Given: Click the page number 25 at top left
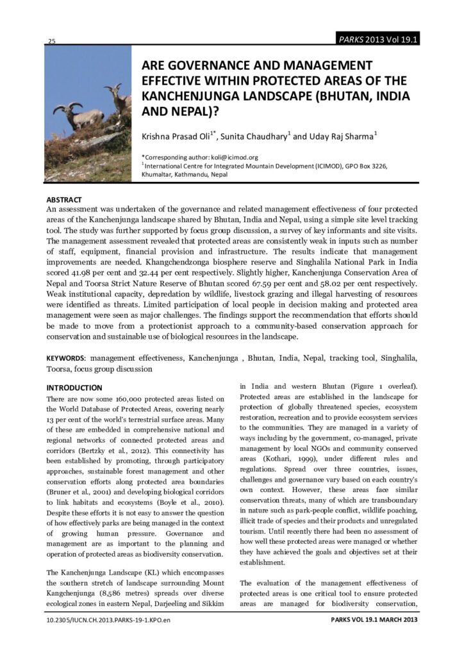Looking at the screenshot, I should click(x=51, y=42).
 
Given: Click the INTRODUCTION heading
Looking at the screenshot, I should click(x=74, y=388).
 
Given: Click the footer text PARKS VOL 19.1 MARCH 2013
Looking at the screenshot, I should click(x=374, y=620).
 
